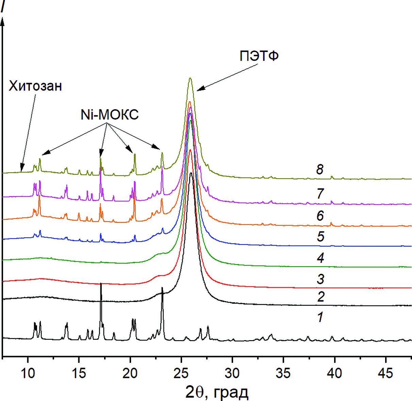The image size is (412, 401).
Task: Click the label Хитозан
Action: point(35,86)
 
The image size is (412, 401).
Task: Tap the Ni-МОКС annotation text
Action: point(110,115)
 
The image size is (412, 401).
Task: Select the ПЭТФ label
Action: point(259,56)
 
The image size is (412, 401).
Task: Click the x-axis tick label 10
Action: point(28,373)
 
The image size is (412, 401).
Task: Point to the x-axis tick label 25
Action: point(181,373)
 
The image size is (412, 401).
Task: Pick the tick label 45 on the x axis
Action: point(385,373)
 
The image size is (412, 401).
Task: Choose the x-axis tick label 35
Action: point(283,373)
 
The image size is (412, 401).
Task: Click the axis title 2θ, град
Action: point(217,392)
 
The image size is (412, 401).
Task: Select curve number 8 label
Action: point(319,169)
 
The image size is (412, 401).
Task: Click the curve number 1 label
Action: point(320,317)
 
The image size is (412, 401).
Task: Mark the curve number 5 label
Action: point(320,236)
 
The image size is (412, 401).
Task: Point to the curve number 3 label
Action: point(320,279)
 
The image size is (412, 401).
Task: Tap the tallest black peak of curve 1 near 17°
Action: point(101,283)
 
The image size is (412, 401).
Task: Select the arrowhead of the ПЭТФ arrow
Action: point(199,89)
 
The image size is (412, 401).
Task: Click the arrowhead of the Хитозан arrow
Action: point(22,170)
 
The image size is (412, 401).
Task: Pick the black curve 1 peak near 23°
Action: point(162,288)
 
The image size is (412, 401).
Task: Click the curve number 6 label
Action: point(320,216)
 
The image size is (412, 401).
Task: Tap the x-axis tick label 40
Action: point(334,373)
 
